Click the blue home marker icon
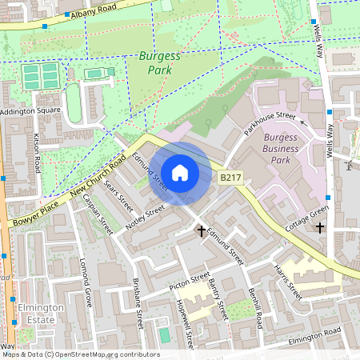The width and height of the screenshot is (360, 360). coord(180,173)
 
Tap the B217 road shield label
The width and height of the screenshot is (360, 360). coord(230,177)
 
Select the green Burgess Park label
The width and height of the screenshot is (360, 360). coord(160,64)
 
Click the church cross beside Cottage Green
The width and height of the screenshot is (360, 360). coord(320,228)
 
